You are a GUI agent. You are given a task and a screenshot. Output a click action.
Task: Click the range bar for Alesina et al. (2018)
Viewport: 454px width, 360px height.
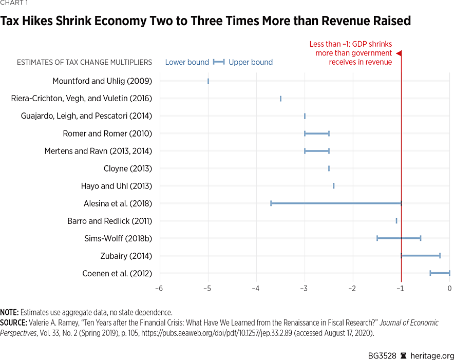click(336, 203)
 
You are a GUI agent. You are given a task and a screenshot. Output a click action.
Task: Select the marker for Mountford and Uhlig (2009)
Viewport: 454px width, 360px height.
click(208, 81)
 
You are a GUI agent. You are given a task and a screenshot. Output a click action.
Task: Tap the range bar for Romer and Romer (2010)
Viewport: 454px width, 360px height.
click(316, 134)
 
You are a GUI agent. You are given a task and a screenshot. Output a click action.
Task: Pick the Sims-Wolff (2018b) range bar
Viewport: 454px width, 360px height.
click(399, 238)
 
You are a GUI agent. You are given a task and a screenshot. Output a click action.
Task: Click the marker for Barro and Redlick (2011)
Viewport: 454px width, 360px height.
click(396, 221)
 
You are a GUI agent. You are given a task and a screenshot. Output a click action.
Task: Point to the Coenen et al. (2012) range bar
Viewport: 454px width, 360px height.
click(440, 273)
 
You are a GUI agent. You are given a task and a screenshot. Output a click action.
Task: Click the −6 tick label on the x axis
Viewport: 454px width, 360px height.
click(159, 288)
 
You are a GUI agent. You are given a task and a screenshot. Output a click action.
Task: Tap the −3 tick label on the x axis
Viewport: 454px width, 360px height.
click(304, 288)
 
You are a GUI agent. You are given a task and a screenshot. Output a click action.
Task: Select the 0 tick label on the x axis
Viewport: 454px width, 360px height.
click(449, 288)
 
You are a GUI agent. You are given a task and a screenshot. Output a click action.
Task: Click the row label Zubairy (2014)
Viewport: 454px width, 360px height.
click(126, 256)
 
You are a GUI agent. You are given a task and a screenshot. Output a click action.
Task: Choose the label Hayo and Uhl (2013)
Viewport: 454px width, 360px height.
click(116, 186)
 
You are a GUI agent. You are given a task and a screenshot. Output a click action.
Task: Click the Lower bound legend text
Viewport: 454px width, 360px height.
click(187, 62)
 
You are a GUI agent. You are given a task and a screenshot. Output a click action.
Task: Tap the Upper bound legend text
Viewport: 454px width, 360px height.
click(251, 62)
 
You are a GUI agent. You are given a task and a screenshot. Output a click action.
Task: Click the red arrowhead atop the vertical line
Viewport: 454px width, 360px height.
click(399, 53)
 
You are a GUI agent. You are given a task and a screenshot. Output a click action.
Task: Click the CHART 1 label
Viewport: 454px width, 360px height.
click(14, 3)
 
